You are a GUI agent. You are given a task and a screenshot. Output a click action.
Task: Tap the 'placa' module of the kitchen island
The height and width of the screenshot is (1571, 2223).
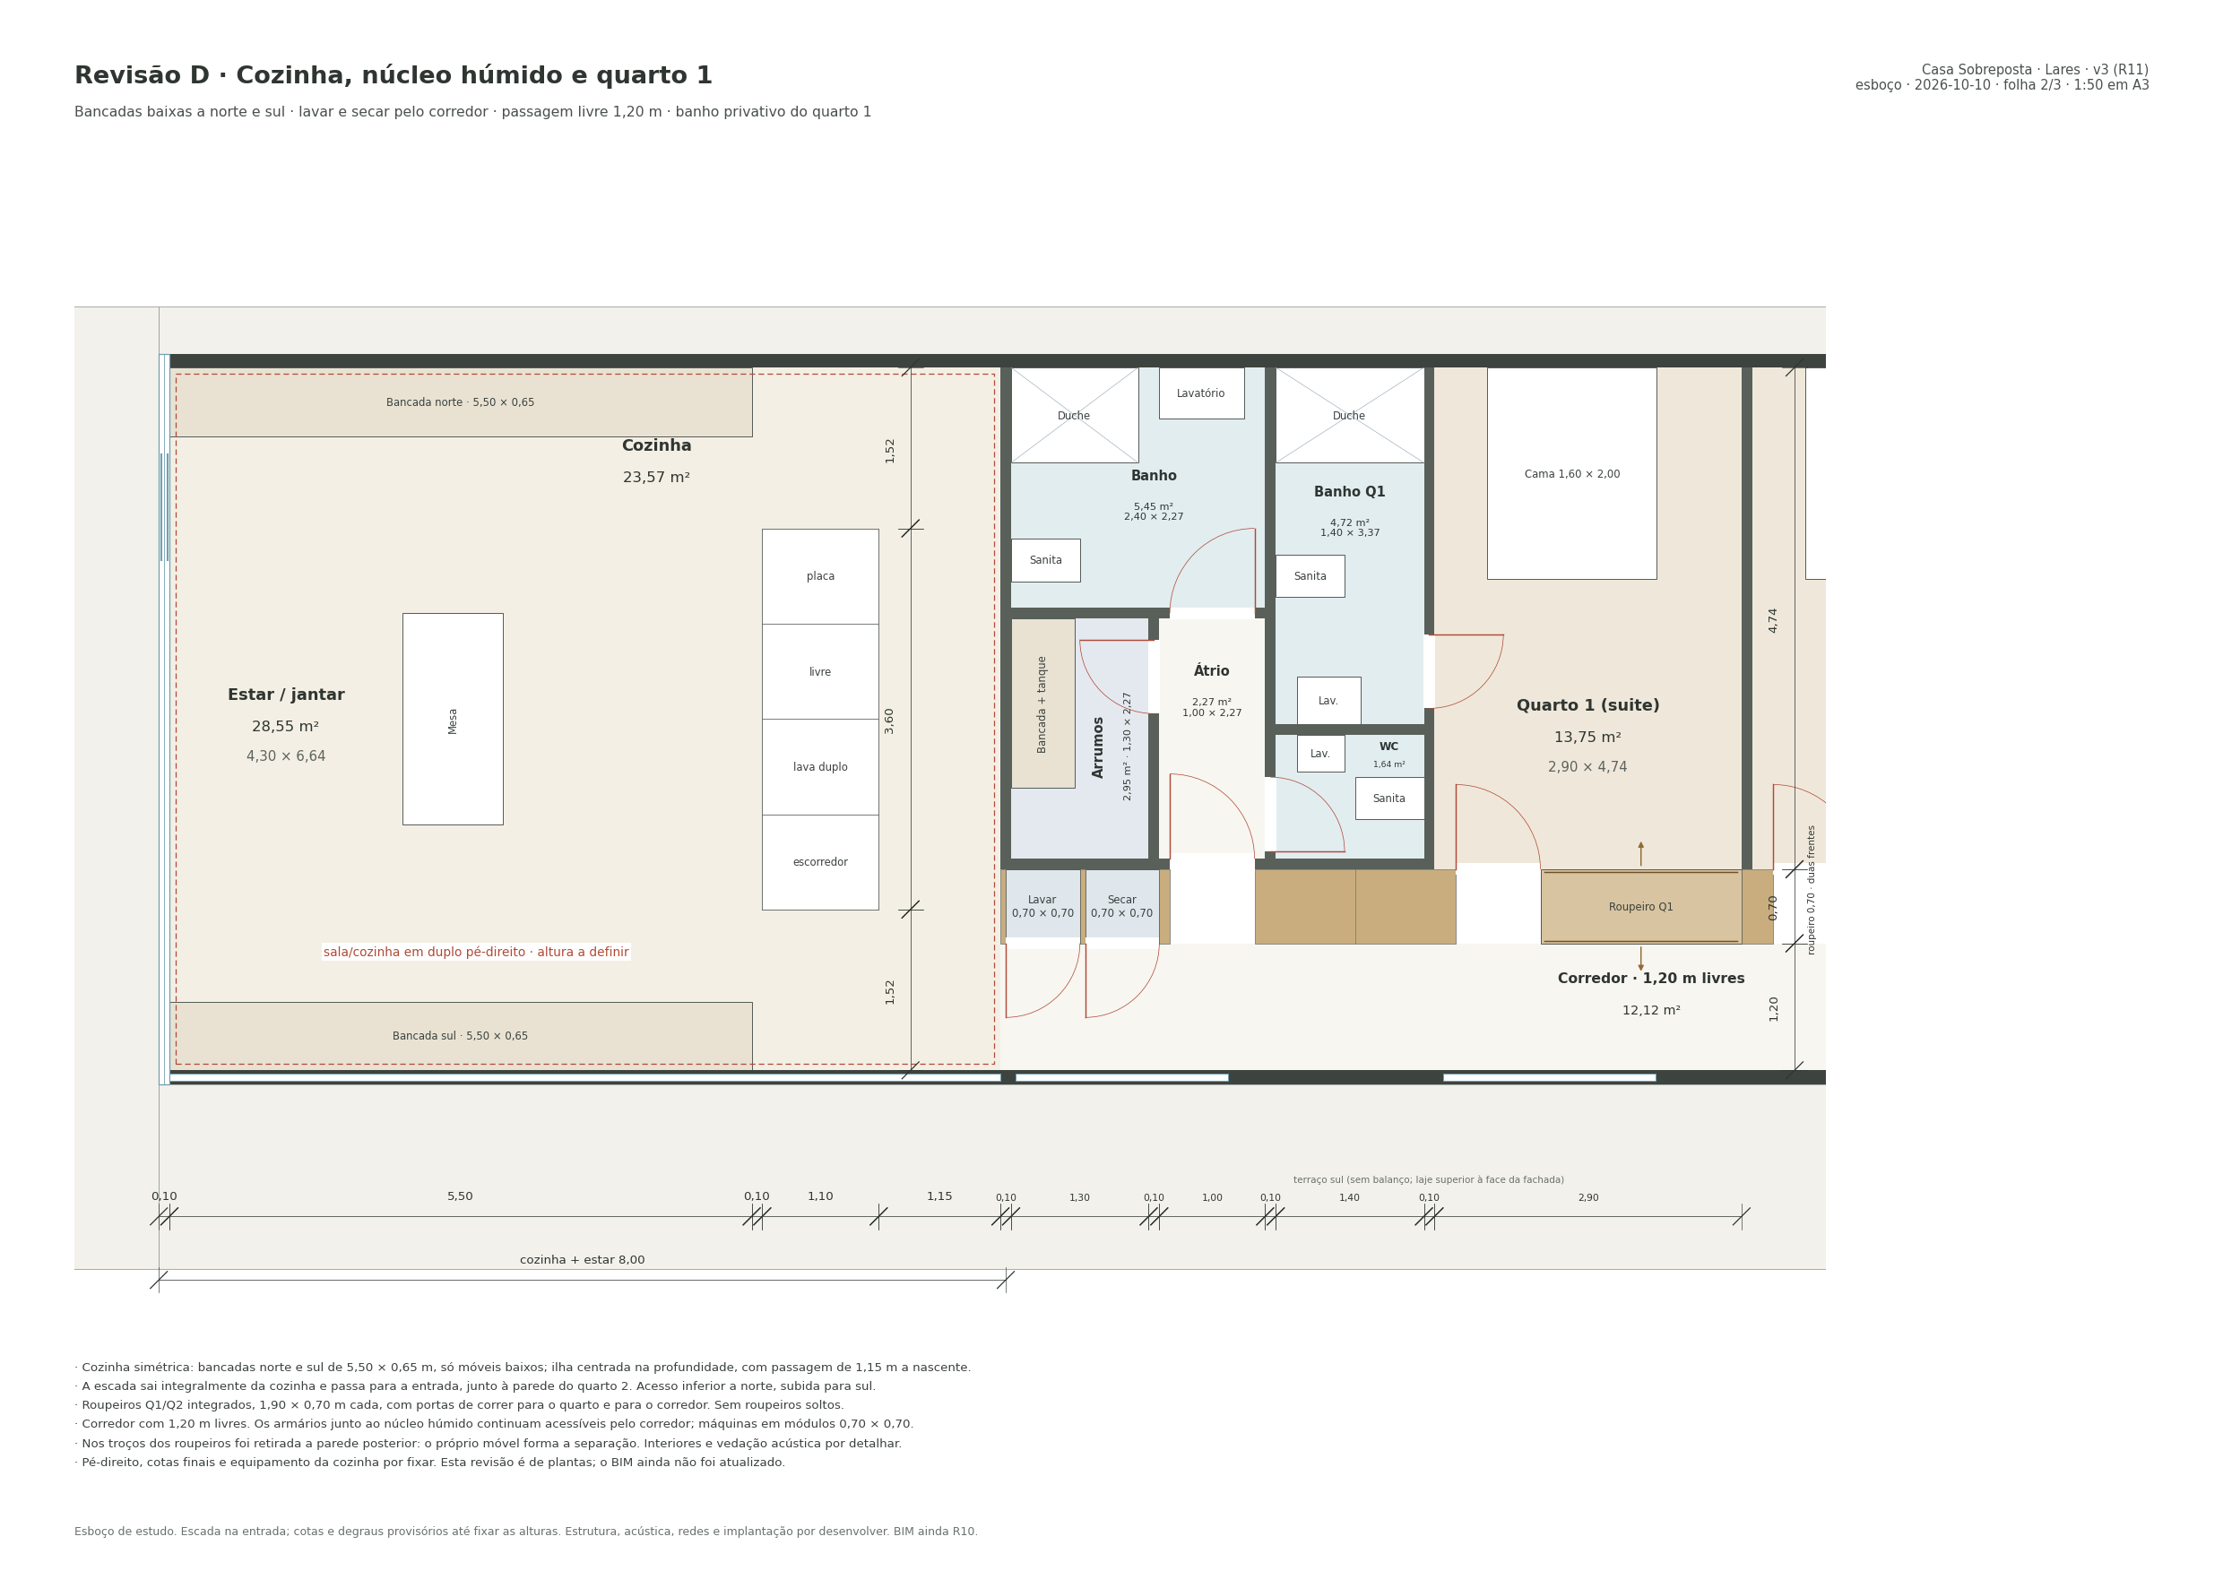pyautogui.click(x=820, y=576)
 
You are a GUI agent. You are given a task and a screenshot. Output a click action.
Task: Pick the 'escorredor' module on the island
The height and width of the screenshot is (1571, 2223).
pyautogui.click(x=820, y=862)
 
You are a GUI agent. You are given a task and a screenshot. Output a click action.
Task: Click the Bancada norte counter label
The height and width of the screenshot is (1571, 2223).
pyautogui.click(x=460, y=402)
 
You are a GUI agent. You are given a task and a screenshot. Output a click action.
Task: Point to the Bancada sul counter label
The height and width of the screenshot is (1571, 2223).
pyautogui.click(x=460, y=1036)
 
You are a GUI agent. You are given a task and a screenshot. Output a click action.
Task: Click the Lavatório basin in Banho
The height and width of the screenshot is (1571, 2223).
pyautogui.click(x=1201, y=393)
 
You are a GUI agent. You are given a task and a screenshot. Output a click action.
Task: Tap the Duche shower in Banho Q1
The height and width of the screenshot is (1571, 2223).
pyautogui.click(x=1350, y=415)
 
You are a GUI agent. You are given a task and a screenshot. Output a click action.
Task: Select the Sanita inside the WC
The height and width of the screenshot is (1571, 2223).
pyautogui.click(x=1389, y=798)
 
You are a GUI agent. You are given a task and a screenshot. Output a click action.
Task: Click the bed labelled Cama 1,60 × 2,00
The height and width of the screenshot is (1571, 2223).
pyautogui.click(x=1571, y=473)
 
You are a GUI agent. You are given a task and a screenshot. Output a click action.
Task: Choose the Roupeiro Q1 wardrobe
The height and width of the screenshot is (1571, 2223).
pyautogui.click(x=1641, y=907)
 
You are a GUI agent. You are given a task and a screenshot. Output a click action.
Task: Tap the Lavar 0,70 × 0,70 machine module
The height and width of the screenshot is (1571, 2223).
pyautogui.click(x=1042, y=906)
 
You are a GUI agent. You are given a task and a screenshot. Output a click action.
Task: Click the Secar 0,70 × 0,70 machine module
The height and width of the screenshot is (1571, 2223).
pyautogui.click(x=1122, y=906)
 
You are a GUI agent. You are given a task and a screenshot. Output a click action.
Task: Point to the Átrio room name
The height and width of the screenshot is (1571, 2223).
pyautogui.click(x=1211, y=671)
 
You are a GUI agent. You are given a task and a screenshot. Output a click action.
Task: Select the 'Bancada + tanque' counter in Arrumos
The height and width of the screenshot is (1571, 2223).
pyautogui.click(x=1042, y=703)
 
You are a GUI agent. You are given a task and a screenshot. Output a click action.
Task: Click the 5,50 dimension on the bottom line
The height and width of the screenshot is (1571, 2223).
pyautogui.click(x=460, y=1196)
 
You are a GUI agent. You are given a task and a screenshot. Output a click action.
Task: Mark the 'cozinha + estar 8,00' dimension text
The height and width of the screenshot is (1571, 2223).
pyautogui.click(x=582, y=1260)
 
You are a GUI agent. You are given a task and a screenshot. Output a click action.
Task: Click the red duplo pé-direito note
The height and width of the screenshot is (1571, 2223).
pyautogui.click(x=476, y=953)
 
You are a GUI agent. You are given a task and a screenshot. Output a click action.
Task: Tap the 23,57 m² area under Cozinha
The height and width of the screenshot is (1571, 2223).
pyautogui.click(x=656, y=479)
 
